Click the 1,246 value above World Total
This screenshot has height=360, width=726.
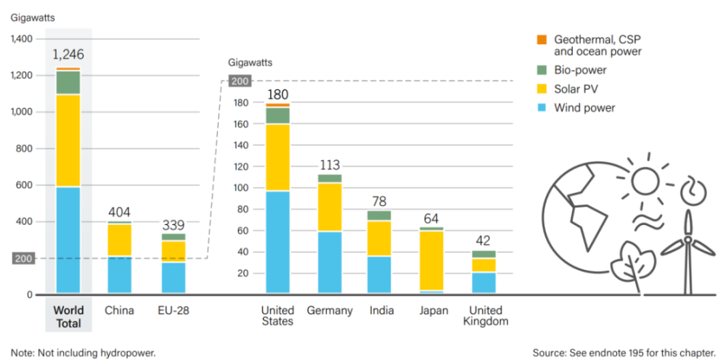(69, 54)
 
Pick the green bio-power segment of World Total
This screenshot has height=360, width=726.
(69, 83)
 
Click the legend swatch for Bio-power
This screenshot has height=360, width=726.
(540, 70)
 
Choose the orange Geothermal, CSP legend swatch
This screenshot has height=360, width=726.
(540, 40)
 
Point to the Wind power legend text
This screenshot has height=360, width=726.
(584, 108)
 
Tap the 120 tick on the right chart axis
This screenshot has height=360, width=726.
(242, 167)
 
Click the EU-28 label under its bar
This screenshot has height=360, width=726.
(173, 311)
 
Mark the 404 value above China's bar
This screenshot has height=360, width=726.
(120, 212)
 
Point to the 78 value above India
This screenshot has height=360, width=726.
(379, 201)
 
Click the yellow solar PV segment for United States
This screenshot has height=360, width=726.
(278, 157)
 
